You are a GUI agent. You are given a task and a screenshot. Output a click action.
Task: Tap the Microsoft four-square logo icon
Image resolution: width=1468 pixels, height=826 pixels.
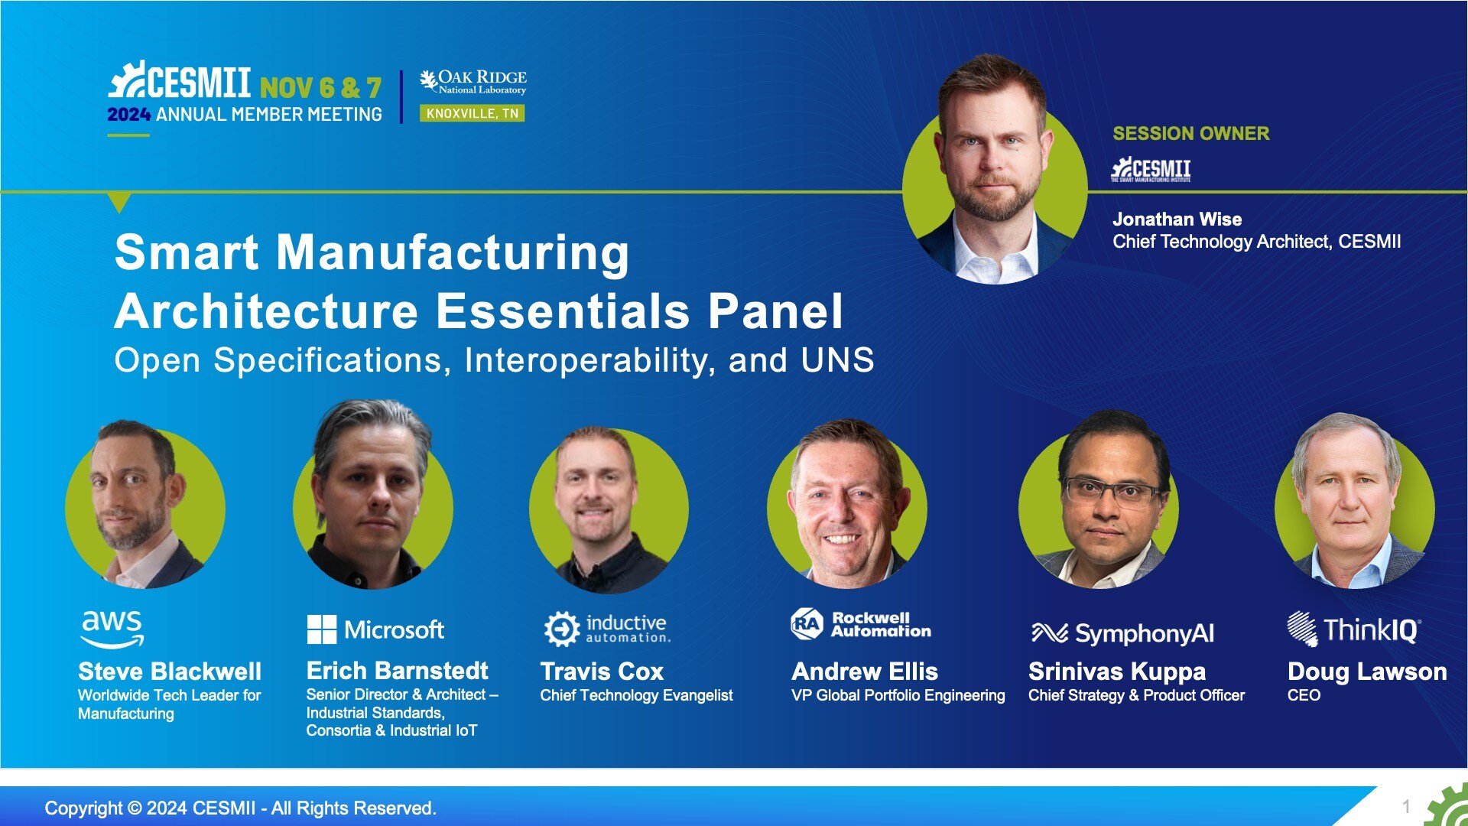(x=321, y=629)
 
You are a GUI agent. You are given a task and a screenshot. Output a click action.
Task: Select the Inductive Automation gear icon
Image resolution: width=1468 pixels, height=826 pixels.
(x=562, y=629)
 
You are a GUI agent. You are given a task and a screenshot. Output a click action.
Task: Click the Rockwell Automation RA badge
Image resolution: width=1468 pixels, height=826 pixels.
(x=807, y=624)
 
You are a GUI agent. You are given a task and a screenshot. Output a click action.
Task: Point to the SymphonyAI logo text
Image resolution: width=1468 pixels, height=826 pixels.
(x=1144, y=633)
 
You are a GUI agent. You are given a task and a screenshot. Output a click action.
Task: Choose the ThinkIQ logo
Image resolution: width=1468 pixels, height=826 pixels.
(x=1354, y=629)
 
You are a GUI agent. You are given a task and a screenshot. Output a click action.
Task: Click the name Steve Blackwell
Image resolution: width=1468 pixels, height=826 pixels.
(x=170, y=672)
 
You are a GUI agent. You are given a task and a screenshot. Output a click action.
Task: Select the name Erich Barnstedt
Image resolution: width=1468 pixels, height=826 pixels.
(x=397, y=671)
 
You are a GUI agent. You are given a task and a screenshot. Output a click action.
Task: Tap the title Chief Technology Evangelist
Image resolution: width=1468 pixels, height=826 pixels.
(x=636, y=695)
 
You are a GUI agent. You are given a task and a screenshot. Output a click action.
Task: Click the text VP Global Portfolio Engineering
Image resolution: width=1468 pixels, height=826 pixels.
(x=898, y=695)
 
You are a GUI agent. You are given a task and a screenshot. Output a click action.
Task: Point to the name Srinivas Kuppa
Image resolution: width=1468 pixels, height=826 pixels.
(x=1117, y=672)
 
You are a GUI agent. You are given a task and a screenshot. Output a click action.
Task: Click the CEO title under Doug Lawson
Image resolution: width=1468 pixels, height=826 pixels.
(x=1304, y=695)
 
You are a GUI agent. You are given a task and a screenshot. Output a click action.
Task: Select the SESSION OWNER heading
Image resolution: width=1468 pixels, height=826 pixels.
(x=1190, y=133)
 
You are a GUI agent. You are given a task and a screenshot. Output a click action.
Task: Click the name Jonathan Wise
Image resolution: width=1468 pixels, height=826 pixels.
(x=1177, y=220)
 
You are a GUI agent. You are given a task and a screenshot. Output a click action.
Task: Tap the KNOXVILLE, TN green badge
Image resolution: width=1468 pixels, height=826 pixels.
(x=472, y=114)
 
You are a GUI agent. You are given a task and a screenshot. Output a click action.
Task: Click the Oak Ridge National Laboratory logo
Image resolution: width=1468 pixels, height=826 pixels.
(x=473, y=82)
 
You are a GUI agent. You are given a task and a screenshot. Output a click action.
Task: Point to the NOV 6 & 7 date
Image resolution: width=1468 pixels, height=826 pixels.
(x=320, y=87)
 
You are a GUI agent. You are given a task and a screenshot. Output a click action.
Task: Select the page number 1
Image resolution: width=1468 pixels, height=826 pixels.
(x=1405, y=806)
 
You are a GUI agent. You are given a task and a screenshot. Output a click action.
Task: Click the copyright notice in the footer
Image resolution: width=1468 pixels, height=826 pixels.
(x=241, y=808)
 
